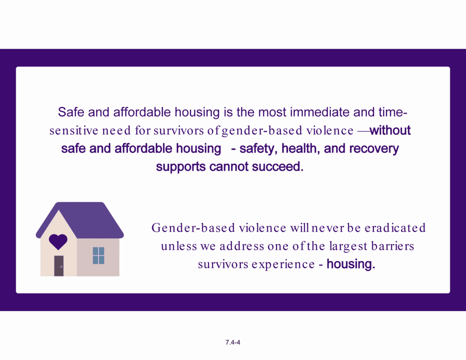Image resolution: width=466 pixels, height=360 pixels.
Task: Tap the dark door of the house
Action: pyautogui.click(x=59, y=266)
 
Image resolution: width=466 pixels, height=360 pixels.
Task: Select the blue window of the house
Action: pyautogui.click(x=98, y=255)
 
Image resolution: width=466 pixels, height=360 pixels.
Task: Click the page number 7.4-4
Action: pyautogui.click(x=233, y=342)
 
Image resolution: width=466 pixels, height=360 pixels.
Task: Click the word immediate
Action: pyautogui.click(x=320, y=112)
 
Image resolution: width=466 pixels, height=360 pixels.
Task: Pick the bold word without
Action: pyautogui.click(x=390, y=130)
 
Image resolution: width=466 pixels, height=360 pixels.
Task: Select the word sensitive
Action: pyautogui.click(x=74, y=131)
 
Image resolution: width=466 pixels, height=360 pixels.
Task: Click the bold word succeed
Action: pyautogui.click(x=278, y=167)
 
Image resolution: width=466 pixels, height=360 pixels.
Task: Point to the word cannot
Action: pyautogui.click(x=228, y=167)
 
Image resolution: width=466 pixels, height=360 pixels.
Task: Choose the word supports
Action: pyautogui.click(x=181, y=167)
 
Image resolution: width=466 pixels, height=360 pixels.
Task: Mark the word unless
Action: pyautogui.click(x=179, y=246)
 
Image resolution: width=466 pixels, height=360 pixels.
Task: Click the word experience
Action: pyautogui.click(x=283, y=264)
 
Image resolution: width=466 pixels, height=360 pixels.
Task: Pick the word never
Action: pyautogui.click(x=328, y=228)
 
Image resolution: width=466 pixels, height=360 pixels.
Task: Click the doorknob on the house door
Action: pyautogui.click(x=61, y=267)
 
